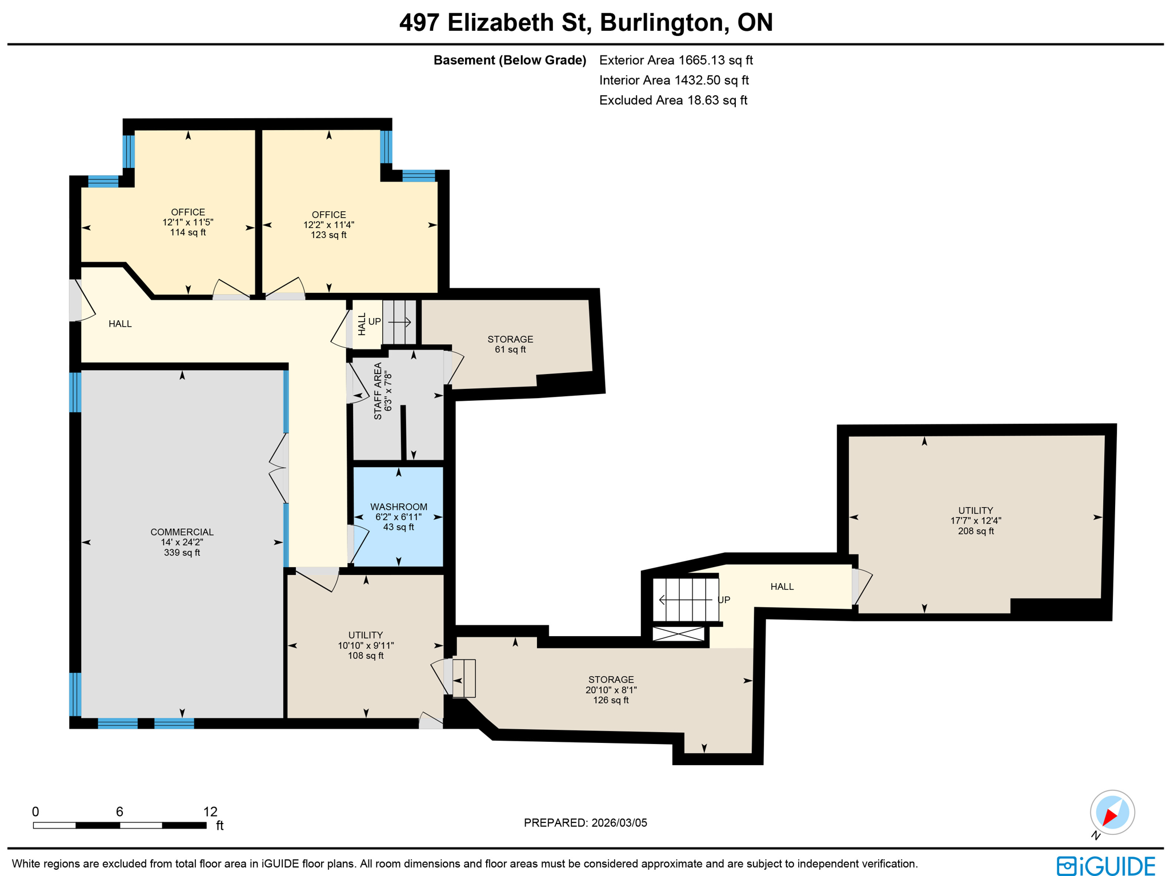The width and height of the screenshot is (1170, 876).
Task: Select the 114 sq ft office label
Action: point(187,222)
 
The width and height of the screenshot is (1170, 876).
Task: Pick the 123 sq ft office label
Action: point(328,224)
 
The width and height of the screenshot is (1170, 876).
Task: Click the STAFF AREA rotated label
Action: point(382,391)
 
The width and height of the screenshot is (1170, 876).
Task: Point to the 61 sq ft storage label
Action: point(510,344)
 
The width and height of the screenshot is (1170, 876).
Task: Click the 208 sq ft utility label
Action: point(975,520)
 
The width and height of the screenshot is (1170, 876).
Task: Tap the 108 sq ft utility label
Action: point(366,645)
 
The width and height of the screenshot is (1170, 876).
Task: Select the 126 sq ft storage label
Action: point(611,689)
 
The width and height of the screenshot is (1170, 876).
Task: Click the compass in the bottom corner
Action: point(1111,812)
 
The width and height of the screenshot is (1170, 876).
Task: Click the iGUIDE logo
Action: point(1105,865)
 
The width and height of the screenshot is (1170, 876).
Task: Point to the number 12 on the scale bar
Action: point(210,811)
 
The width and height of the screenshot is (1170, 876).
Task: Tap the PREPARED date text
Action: point(585,822)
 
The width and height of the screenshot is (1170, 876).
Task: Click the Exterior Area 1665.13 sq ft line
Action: point(675,60)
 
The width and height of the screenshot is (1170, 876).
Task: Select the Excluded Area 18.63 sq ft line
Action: point(672,101)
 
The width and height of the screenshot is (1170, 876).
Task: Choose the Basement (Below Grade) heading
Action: point(510,60)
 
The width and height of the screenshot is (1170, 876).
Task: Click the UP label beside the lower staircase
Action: point(723,600)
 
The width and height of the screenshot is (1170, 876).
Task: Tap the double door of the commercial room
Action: point(279,468)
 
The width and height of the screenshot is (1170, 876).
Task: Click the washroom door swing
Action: point(358,544)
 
